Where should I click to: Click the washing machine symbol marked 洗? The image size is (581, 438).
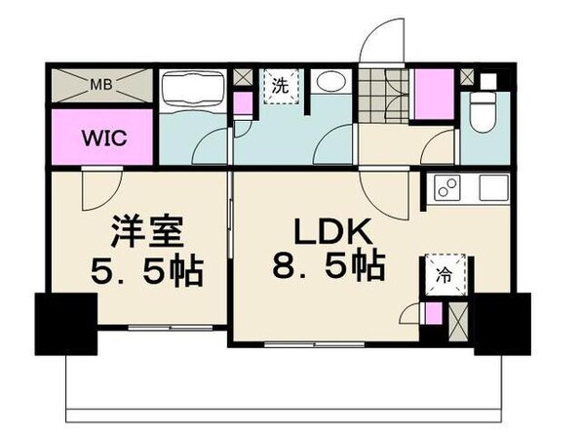[x=280, y=85]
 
